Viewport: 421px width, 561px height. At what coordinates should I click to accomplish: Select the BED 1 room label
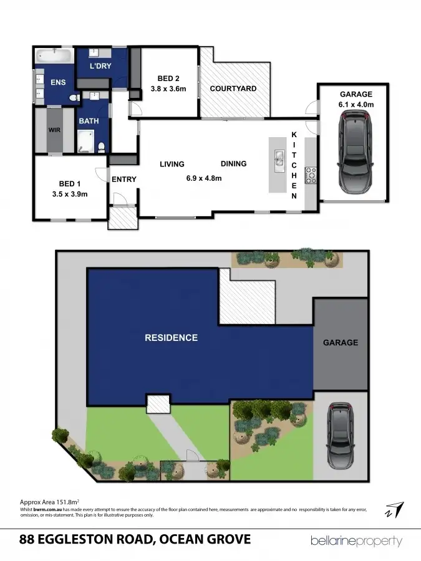tap(68, 184)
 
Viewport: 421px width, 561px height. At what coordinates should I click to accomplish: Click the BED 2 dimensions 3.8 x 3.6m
tap(168, 89)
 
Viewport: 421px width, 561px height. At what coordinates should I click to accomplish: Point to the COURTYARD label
tap(233, 89)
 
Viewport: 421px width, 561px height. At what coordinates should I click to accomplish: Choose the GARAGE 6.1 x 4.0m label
tap(357, 100)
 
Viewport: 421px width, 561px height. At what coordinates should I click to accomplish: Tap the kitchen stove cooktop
tap(311, 175)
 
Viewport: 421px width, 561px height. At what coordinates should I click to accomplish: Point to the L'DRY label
tap(100, 67)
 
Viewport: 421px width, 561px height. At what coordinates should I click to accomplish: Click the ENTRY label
tap(123, 180)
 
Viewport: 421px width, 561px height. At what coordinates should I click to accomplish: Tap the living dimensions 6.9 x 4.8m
tap(204, 178)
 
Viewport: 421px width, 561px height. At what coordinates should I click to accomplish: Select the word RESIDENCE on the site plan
tap(171, 338)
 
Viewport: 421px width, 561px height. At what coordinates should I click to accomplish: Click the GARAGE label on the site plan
tap(340, 342)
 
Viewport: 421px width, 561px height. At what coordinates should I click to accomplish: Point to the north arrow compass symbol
tap(394, 509)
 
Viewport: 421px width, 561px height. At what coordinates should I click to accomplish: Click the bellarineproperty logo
tap(356, 541)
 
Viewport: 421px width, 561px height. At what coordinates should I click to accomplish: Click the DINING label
tap(233, 164)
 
